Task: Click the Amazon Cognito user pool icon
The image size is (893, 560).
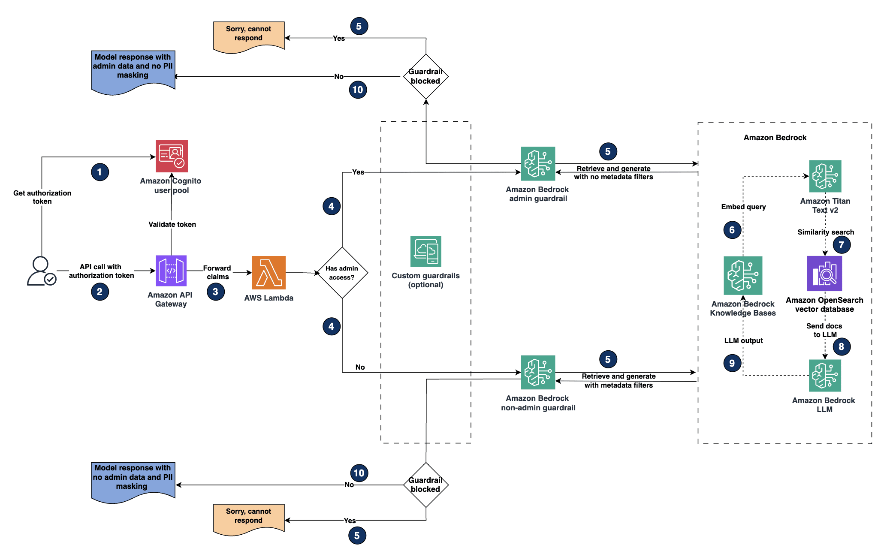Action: coord(172,156)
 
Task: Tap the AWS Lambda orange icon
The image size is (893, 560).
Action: coord(269,272)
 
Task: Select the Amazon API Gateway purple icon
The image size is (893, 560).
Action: coord(171,271)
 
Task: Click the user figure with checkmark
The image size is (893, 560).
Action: coord(41,271)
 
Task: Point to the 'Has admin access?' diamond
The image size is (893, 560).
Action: coord(342,273)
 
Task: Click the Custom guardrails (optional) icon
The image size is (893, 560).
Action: coord(425,251)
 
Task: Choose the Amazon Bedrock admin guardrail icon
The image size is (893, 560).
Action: coord(538,163)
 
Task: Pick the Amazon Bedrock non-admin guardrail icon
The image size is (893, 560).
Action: coord(538,372)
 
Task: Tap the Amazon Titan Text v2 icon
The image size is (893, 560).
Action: coord(825,176)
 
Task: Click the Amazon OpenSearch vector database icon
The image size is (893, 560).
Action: coord(824,274)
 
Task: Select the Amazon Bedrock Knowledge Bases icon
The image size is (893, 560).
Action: coord(743,275)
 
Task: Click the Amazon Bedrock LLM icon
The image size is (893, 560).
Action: coord(824,376)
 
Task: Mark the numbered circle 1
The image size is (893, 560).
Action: coord(100,172)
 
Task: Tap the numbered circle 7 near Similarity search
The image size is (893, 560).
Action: coord(841,245)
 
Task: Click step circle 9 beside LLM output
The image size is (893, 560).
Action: coord(732,363)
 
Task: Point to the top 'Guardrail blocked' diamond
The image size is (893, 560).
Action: coord(425,76)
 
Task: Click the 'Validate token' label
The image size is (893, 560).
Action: coord(172,224)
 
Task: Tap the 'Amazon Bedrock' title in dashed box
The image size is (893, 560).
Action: coord(775,138)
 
